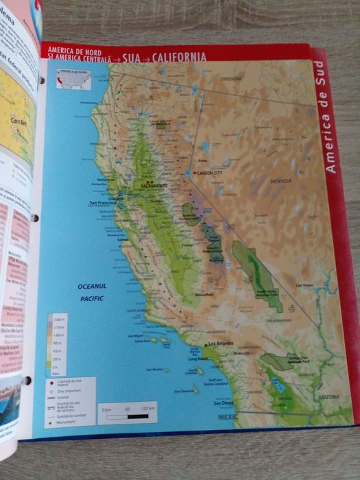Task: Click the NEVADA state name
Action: [x=280, y=181]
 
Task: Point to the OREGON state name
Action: [x=231, y=80]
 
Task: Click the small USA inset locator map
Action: [x=72, y=78]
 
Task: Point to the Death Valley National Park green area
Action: [x=257, y=274]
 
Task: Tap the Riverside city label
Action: [x=241, y=353]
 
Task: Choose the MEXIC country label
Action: [x=229, y=417]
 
